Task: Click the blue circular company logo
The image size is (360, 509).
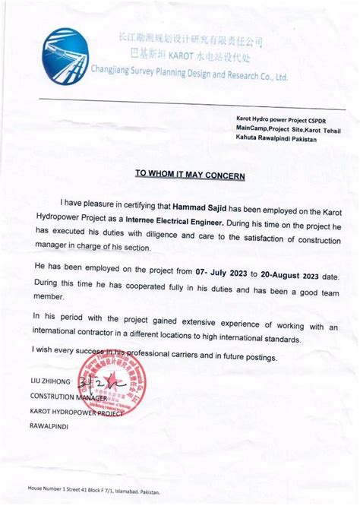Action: (72, 58)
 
